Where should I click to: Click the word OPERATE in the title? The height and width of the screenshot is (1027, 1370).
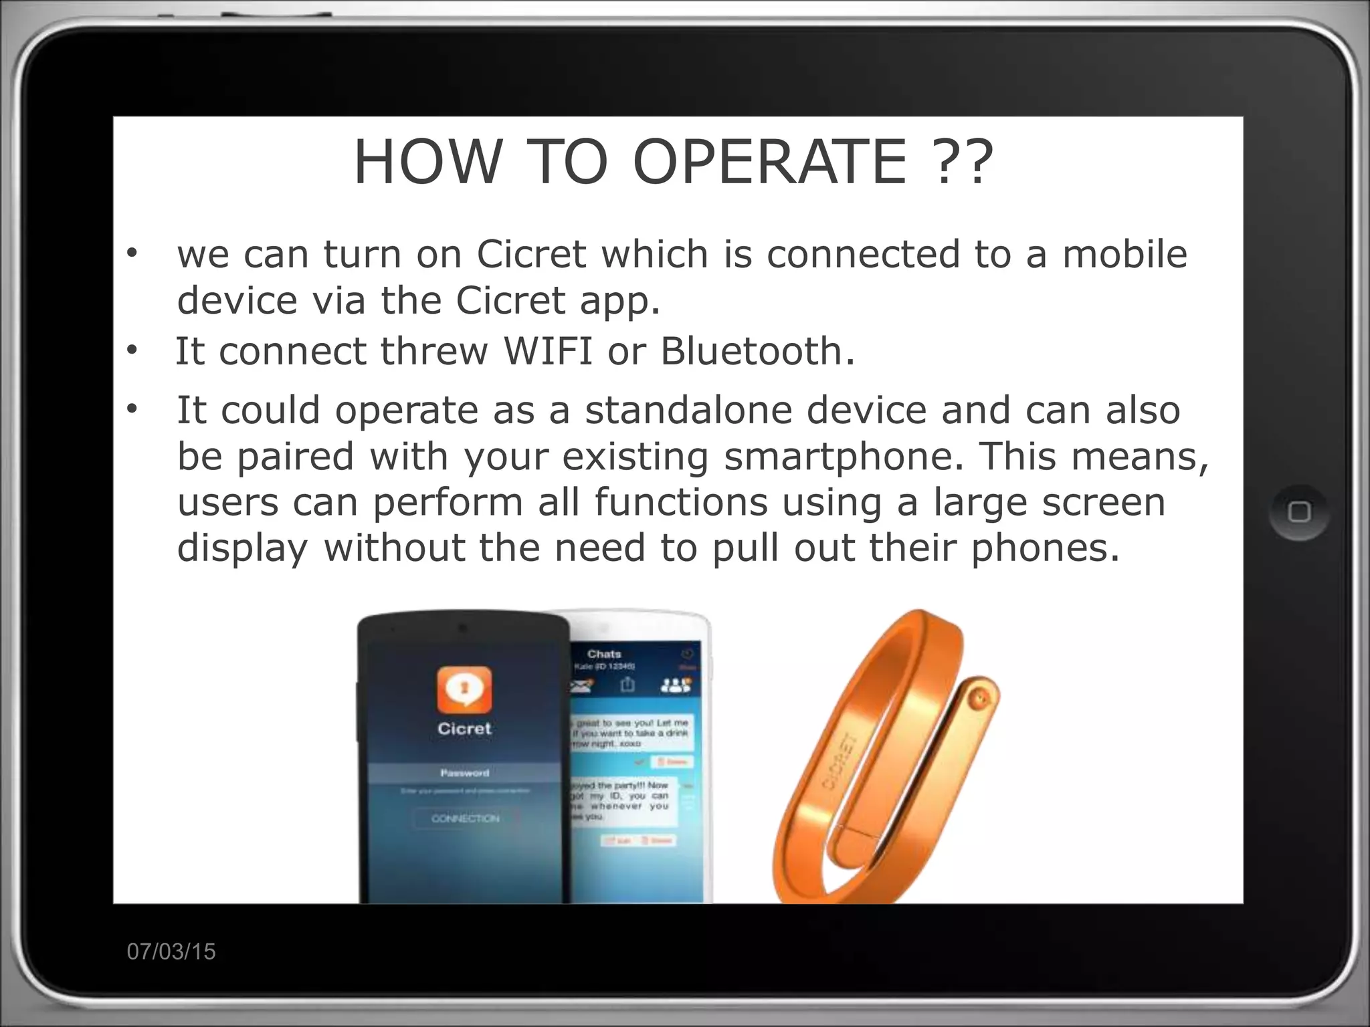tap(769, 162)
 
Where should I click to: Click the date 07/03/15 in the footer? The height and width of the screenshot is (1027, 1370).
tap(171, 951)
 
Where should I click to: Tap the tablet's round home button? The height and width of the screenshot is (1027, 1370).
tap(1299, 513)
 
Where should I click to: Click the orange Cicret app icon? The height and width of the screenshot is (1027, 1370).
tap(464, 688)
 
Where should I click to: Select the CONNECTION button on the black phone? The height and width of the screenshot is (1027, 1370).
tap(465, 818)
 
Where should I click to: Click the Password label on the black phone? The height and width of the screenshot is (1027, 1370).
tap(465, 773)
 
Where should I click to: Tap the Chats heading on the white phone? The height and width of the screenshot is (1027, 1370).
tap(604, 654)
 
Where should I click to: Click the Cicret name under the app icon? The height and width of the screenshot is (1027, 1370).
tap(464, 729)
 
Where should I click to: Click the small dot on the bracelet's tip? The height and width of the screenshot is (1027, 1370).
tap(979, 698)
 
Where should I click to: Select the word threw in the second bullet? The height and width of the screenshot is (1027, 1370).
tap(434, 352)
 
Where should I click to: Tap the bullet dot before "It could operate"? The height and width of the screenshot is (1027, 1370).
tap(131, 409)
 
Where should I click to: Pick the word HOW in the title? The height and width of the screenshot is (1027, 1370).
tap(427, 162)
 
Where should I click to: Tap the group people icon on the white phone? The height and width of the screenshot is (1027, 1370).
tap(675, 685)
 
